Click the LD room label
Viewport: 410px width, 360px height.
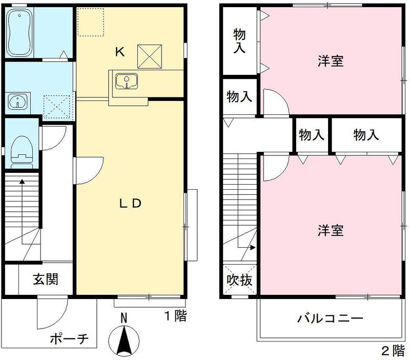130,203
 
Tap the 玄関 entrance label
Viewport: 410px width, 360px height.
46,279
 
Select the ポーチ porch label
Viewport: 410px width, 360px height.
70,339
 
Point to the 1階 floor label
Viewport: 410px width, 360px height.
175,316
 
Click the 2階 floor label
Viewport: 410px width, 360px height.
393,351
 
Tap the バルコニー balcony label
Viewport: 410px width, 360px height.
330,318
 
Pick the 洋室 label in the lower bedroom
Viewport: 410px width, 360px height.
330,230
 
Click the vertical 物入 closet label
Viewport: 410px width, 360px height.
239,42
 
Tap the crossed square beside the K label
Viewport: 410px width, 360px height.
150,56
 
